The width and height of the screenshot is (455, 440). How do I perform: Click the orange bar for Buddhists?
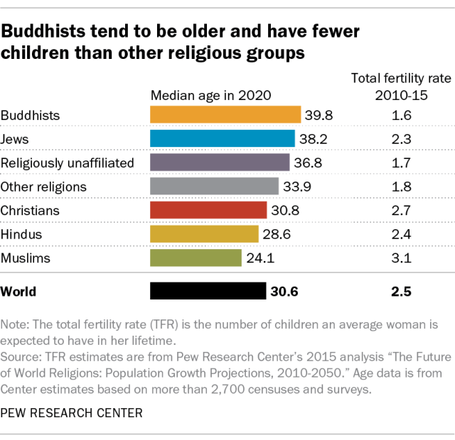pos(225,115)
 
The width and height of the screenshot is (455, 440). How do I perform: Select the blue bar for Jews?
pos(222,138)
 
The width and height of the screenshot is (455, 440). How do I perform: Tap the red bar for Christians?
pos(208,210)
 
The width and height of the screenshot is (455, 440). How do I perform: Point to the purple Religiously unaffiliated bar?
pos(220,163)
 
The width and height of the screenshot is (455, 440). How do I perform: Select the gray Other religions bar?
pos(214,187)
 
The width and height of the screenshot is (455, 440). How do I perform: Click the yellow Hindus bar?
pos(204,234)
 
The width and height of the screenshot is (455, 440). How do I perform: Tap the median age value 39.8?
pos(318,115)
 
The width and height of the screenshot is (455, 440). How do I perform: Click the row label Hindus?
pos(21,234)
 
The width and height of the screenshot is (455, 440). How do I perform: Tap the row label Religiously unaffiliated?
pos(68,163)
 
